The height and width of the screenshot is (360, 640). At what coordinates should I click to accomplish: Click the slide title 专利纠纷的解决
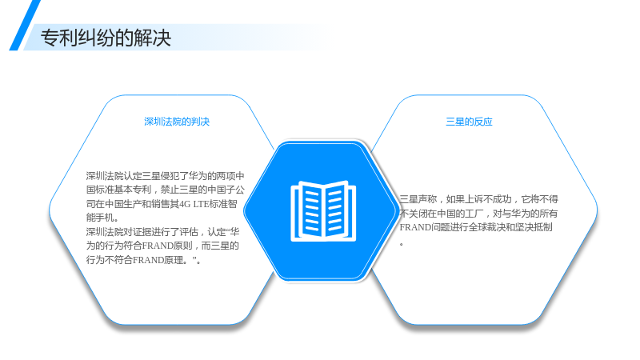point(106,38)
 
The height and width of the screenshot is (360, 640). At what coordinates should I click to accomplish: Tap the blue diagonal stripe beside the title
point(25,26)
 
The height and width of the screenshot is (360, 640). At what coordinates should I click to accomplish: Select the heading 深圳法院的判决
point(177,122)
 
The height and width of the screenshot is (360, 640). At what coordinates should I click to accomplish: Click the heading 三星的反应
point(469,122)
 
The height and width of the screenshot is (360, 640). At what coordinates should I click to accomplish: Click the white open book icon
point(323,210)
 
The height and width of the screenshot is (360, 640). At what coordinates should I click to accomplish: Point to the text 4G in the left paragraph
point(185,204)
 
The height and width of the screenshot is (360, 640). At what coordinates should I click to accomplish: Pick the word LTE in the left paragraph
point(201,204)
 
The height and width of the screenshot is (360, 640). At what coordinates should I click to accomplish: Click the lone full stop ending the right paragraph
point(402,244)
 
